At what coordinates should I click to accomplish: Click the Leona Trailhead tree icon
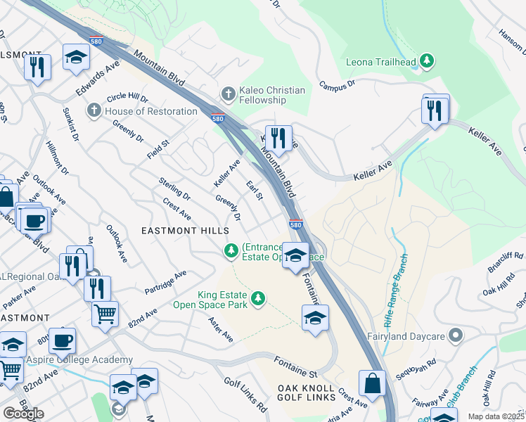426,62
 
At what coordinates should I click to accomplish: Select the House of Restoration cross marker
94,111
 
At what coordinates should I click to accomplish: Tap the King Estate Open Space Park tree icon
259,300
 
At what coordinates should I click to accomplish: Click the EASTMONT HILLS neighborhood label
186,231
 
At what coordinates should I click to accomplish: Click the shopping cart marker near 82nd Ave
105,314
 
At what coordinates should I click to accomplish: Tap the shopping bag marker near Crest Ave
372,384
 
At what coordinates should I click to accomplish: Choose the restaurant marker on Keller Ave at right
435,111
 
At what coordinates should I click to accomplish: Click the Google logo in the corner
23,413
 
